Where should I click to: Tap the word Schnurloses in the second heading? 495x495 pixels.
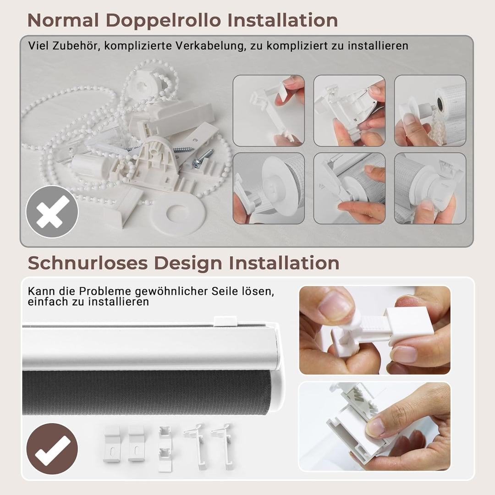click(x=87, y=263)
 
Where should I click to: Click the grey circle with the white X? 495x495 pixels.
click(x=52, y=211)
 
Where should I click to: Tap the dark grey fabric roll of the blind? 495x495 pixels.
click(x=147, y=392)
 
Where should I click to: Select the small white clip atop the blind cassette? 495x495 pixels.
click(x=225, y=320)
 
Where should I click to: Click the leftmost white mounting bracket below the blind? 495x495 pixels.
click(x=112, y=443)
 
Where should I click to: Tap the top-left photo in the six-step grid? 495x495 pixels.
click(x=269, y=110)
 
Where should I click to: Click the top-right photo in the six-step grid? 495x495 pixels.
click(x=430, y=110)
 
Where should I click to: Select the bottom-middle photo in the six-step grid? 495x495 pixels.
click(x=349, y=188)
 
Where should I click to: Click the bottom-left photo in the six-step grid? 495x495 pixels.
click(x=269, y=188)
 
